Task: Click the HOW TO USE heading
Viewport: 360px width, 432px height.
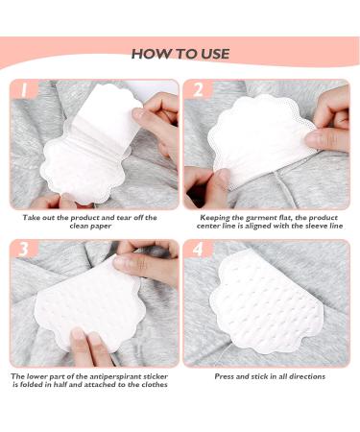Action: click(x=180, y=54)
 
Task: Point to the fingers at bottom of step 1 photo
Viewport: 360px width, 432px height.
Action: click(x=72, y=199)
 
